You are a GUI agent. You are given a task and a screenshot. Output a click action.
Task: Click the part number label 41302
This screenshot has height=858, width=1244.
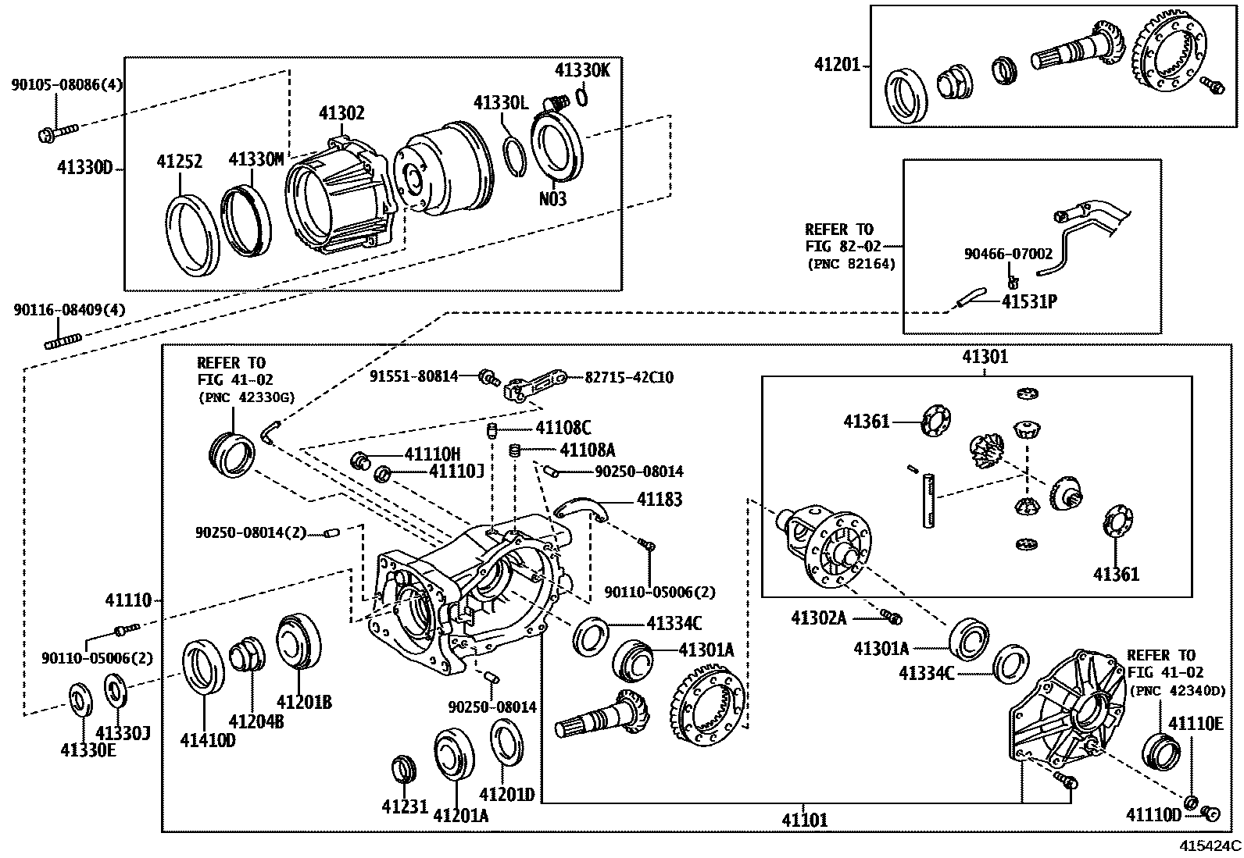(x=341, y=114)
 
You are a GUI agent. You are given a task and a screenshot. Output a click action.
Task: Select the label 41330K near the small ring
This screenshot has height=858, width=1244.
(x=582, y=70)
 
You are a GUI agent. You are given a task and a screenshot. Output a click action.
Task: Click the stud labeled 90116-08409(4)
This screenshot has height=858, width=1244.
(x=63, y=341)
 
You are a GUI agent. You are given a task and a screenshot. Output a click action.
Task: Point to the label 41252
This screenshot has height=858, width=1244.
(x=179, y=162)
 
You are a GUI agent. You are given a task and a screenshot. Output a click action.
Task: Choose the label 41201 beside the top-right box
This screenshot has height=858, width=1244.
(x=837, y=65)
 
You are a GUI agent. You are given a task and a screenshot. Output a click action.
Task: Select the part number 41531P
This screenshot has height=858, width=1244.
(x=1029, y=301)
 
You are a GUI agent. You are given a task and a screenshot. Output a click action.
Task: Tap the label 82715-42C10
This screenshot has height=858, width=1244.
(x=629, y=377)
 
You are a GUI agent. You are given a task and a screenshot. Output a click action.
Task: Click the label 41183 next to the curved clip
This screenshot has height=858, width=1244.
(x=659, y=500)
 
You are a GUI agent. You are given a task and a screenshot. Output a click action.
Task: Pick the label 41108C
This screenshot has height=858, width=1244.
(x=563, y=428)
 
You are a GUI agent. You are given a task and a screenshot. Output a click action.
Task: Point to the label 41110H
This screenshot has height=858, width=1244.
(x=432, y=454)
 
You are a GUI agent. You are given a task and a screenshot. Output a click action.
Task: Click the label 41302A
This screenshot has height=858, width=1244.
(x=819, y=618)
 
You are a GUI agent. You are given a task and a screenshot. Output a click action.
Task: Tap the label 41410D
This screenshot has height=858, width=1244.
(x=207, y=739)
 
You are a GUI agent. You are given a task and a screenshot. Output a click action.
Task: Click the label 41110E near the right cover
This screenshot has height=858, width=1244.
(x=1195, y=724)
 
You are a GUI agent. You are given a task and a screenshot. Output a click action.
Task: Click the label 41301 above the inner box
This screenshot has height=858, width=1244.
(x=985, y=357)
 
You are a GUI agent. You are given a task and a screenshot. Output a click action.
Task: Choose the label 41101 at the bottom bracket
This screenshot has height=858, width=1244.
(x=804, y=820)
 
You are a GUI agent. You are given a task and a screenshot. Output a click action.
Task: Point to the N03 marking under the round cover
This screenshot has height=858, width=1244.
(x=552, y=199)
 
